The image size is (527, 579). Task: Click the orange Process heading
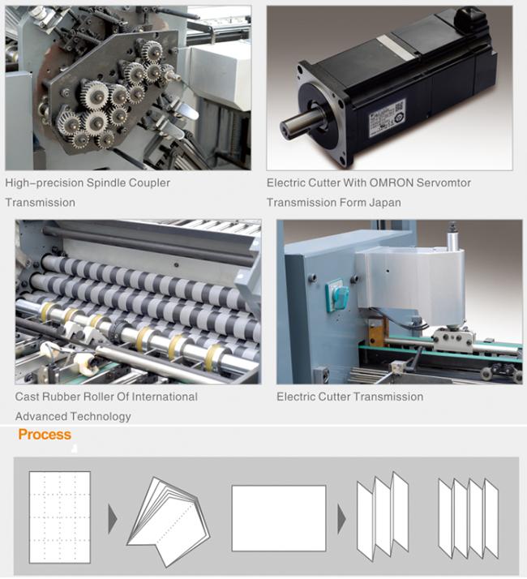[45, 435]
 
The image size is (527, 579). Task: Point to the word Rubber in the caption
[59, 397]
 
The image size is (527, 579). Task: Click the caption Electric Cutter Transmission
[349, 397]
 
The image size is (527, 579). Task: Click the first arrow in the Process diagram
[112, 519]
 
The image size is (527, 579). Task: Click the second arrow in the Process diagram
[341, 519]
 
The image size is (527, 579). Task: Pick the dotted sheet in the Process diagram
[60, 517]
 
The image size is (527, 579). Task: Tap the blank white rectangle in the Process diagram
[279, 518]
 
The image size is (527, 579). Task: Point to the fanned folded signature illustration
[169, 522]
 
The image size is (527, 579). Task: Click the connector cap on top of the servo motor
[469, 15]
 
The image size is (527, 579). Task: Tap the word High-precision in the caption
[45, 183]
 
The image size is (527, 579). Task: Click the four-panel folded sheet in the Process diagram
[469, 518]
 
